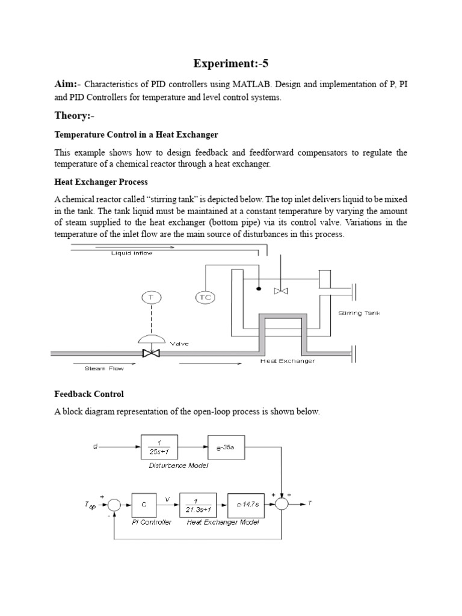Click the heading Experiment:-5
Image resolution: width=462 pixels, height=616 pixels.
coord(230,64)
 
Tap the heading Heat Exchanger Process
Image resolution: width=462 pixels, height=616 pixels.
coord(101,182)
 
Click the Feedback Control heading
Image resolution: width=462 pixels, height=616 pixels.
coord(89,394)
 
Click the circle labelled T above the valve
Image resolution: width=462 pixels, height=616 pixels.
coord(150,297)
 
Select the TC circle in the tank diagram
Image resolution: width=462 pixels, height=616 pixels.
coord(206,297)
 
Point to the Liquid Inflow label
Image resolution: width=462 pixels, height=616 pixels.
coord(132,253)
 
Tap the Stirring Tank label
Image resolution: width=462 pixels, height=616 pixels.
coord(359,313)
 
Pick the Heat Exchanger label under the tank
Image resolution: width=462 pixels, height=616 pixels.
coord(287,361)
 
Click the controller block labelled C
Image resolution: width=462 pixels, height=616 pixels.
coord(144,504)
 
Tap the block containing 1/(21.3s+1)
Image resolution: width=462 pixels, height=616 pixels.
coord(197,504)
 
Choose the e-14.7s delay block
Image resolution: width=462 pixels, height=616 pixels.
coord(247,504)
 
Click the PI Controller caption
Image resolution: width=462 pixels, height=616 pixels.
coord(151,522)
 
